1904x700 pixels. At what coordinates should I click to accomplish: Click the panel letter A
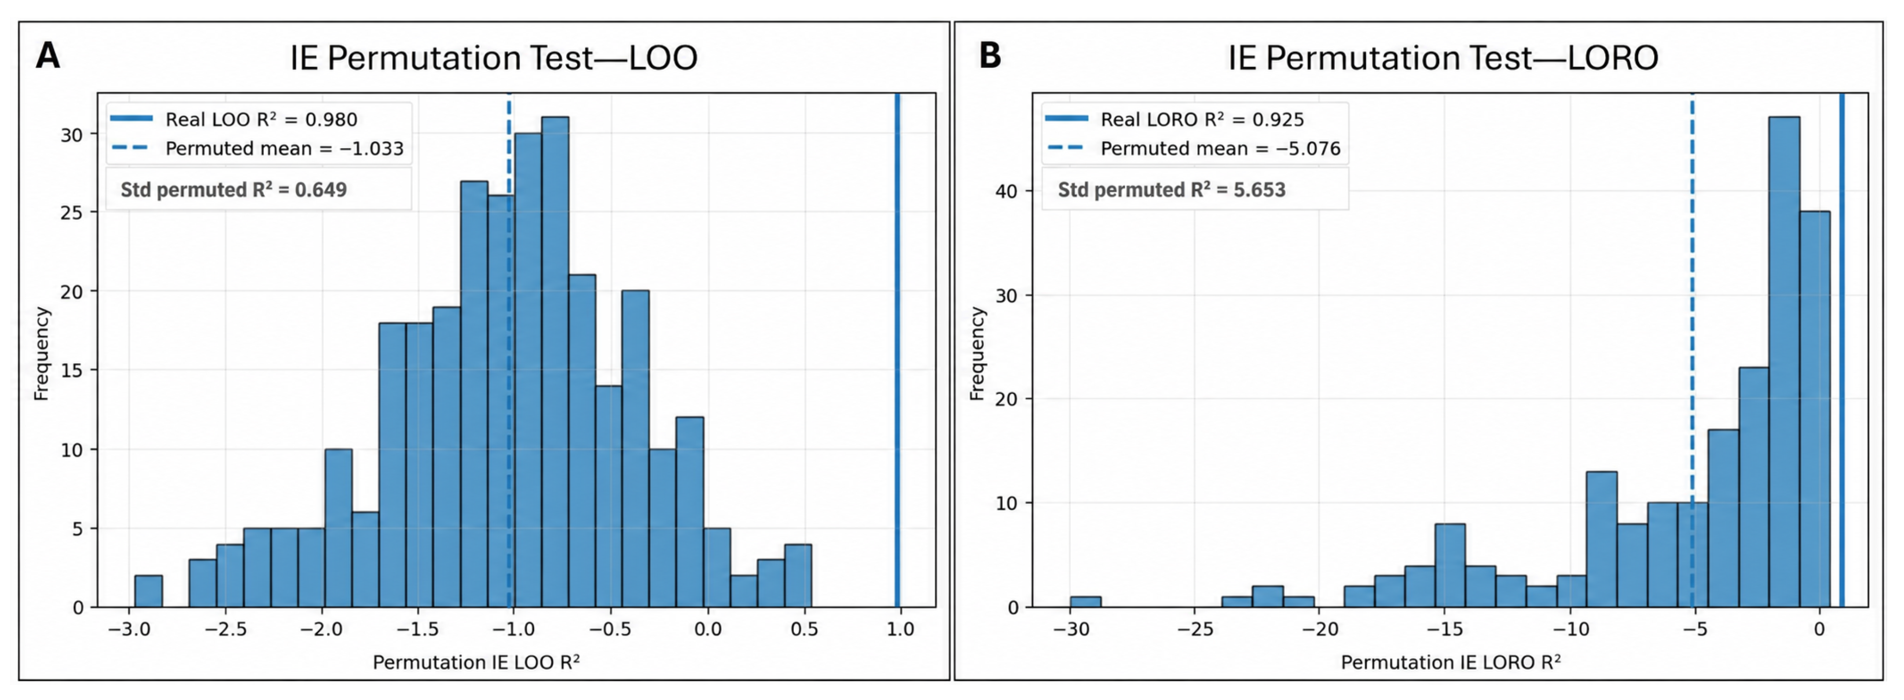tap(48, 56)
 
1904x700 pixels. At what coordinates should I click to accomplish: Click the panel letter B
tap(990, 56)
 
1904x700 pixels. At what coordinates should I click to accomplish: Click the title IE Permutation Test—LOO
tap(494, 58)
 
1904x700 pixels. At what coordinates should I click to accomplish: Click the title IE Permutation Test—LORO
tap(1443, 58)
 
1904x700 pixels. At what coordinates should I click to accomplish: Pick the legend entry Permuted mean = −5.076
tap(1194, 149)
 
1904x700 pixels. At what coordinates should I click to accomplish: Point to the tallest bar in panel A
tap(555, 362)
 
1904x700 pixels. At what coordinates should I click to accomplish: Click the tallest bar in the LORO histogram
tap(1784, 362)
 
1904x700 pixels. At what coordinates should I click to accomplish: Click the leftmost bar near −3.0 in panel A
tap(149, 591)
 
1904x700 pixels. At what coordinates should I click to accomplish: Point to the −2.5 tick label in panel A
tap(226, 630)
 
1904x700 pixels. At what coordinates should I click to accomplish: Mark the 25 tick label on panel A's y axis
tap(73, 213)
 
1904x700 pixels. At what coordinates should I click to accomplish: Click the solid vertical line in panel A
tap(897, 350)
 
